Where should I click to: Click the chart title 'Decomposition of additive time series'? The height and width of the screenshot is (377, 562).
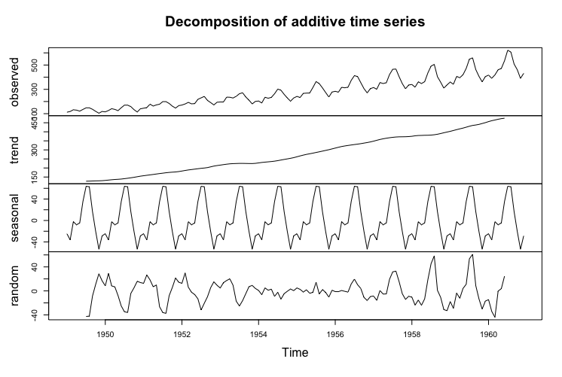295,22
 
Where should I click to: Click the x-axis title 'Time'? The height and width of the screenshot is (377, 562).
295,351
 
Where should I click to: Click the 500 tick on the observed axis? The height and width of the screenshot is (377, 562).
35,65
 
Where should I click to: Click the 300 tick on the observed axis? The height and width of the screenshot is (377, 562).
35,89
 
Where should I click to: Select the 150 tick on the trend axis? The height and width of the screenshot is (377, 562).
35,176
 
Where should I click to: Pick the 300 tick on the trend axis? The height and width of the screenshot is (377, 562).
35,150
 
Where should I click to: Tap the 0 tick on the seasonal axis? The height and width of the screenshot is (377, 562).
35,220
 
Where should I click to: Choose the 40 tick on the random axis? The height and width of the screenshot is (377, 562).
35,266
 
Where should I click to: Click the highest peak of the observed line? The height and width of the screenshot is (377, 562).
509,50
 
